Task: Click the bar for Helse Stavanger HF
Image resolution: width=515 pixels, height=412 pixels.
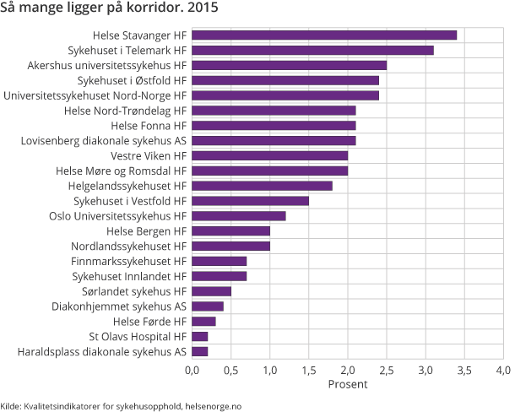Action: pyautogui.click(x=324, y=35)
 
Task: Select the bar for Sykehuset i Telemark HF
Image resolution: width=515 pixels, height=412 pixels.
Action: pyautogui.click(x=312, y=51)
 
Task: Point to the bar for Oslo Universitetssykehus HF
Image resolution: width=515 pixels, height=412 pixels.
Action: pyautogui.click(x=239, y=215)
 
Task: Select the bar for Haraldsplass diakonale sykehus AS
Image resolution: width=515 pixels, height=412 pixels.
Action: pyautogui.click(x=200, y=351)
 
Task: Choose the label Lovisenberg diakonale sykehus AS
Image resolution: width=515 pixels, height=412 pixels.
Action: pyautogui.click(x=104, y=140)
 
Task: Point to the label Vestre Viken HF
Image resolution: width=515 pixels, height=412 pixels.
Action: pyautogui.click(x=148, y=155)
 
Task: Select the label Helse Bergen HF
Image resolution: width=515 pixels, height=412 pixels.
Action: pyautogui.click(x=146, y=230)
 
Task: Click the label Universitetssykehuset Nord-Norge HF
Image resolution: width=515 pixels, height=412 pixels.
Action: pyautogui.click(x=95, y=95)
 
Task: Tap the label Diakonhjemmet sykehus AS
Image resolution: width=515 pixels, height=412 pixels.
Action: pyautogui.click(x=119, y=306)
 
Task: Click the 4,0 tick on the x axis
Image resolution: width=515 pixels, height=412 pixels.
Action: pyautogui.click(x=503, y=370)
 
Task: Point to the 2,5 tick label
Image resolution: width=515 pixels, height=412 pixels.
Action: pyautogui.click(x=387, y=370)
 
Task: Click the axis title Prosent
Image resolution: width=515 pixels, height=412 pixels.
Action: pyautogui.click(x=347, y=385)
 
